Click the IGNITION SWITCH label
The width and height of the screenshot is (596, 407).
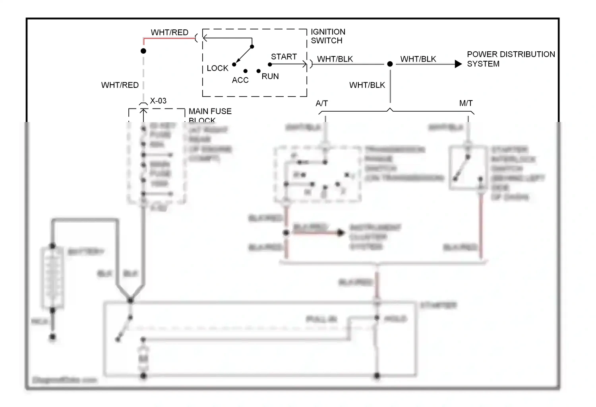pos(328,36)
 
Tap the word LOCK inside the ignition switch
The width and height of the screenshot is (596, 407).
pos(217,68)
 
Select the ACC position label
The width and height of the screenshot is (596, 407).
pos(240,80)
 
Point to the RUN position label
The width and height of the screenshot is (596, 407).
pos(270,76)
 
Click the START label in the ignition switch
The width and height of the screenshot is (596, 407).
pos(284,57)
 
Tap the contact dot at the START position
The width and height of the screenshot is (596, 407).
pos(270,64)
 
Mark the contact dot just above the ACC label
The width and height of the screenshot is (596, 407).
pos(246,71)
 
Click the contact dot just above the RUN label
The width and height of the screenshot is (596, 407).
pos(259,71)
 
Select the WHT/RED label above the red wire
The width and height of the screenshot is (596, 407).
pos(169,33)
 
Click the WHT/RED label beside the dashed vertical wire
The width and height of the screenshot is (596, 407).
pos(120,85)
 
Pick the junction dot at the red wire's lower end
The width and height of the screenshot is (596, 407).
pos(143,51)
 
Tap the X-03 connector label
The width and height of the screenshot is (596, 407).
pos(158,101)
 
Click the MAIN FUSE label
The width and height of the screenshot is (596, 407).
pos(210,112)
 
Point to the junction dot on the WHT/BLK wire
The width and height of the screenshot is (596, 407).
pos(390,64)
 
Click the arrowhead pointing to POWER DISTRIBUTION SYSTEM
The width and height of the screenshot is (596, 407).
pos(458,64)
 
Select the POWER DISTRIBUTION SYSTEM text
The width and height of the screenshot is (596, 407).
pos(511,59)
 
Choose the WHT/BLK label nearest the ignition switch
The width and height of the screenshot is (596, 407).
pos(335,59)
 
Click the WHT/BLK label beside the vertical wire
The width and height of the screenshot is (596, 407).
pos(367,85)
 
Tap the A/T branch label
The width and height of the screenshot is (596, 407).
pos(321,103)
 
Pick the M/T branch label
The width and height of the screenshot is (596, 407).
pos(466,103)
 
